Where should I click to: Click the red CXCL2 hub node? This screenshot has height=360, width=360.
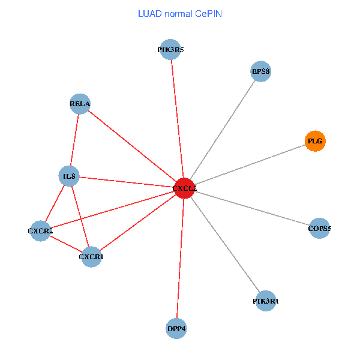click(184, 188)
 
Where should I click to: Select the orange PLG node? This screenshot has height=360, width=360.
click(315, 141)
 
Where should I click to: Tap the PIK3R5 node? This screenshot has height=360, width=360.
click(170, 50)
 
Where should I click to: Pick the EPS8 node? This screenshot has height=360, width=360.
click(260, 72)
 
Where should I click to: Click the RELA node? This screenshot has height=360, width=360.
click(80, 104)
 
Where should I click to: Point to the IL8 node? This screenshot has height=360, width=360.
click(69, 176)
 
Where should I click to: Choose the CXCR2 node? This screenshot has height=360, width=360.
click(40, 231)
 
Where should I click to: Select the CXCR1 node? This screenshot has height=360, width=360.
click(91, 257)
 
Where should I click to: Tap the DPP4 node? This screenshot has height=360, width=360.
click(176, 329)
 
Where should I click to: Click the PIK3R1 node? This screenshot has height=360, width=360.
click(265, 301)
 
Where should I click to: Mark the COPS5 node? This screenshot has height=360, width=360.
click(320, 229)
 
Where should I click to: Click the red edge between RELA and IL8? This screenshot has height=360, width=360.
click(74, 140)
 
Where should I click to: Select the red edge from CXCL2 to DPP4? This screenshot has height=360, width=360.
click(180, 259)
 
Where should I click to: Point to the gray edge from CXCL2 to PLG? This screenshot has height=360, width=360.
click(250, 165)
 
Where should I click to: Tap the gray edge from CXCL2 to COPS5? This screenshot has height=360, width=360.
click(252, 208)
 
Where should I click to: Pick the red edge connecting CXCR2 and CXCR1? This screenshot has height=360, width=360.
click(66, 244)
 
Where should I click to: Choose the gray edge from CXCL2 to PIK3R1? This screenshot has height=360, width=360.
click(225, 245)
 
